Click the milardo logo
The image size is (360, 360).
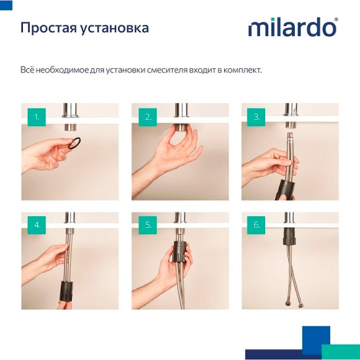point(292,28)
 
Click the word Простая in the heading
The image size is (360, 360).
point(47,29)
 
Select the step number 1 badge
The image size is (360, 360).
point(37,117)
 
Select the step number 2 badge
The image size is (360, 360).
point(147,117)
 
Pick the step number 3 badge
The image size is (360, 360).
point(257,117)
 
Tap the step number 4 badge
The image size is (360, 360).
point(37,225)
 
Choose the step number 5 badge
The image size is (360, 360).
point(147,225)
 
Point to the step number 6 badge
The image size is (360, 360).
point(257,225)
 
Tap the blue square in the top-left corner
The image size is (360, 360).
point(6,6)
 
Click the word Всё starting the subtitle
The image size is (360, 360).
point(28,70)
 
